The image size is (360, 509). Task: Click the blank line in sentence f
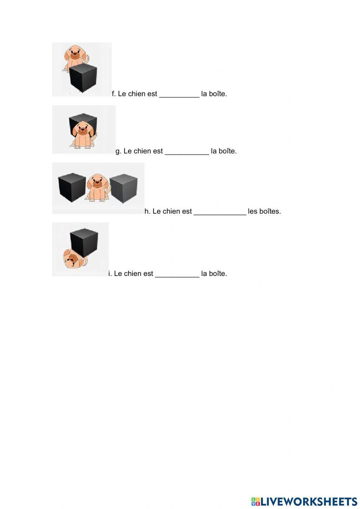[179, 94]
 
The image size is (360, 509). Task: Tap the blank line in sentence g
[186, 152]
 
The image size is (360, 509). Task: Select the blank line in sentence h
[220, 212]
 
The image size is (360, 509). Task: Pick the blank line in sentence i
[177, 274]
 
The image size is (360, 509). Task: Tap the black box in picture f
[83, 78]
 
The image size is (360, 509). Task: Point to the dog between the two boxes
[97, 187]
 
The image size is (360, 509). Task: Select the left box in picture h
[72, 187]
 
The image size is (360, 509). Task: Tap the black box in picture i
[84, 242]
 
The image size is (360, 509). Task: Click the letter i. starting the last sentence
[110, 274]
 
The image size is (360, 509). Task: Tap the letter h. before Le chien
[147, 211]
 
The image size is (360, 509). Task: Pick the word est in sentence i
[148, 274]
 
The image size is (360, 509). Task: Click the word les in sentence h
[252, 211]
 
